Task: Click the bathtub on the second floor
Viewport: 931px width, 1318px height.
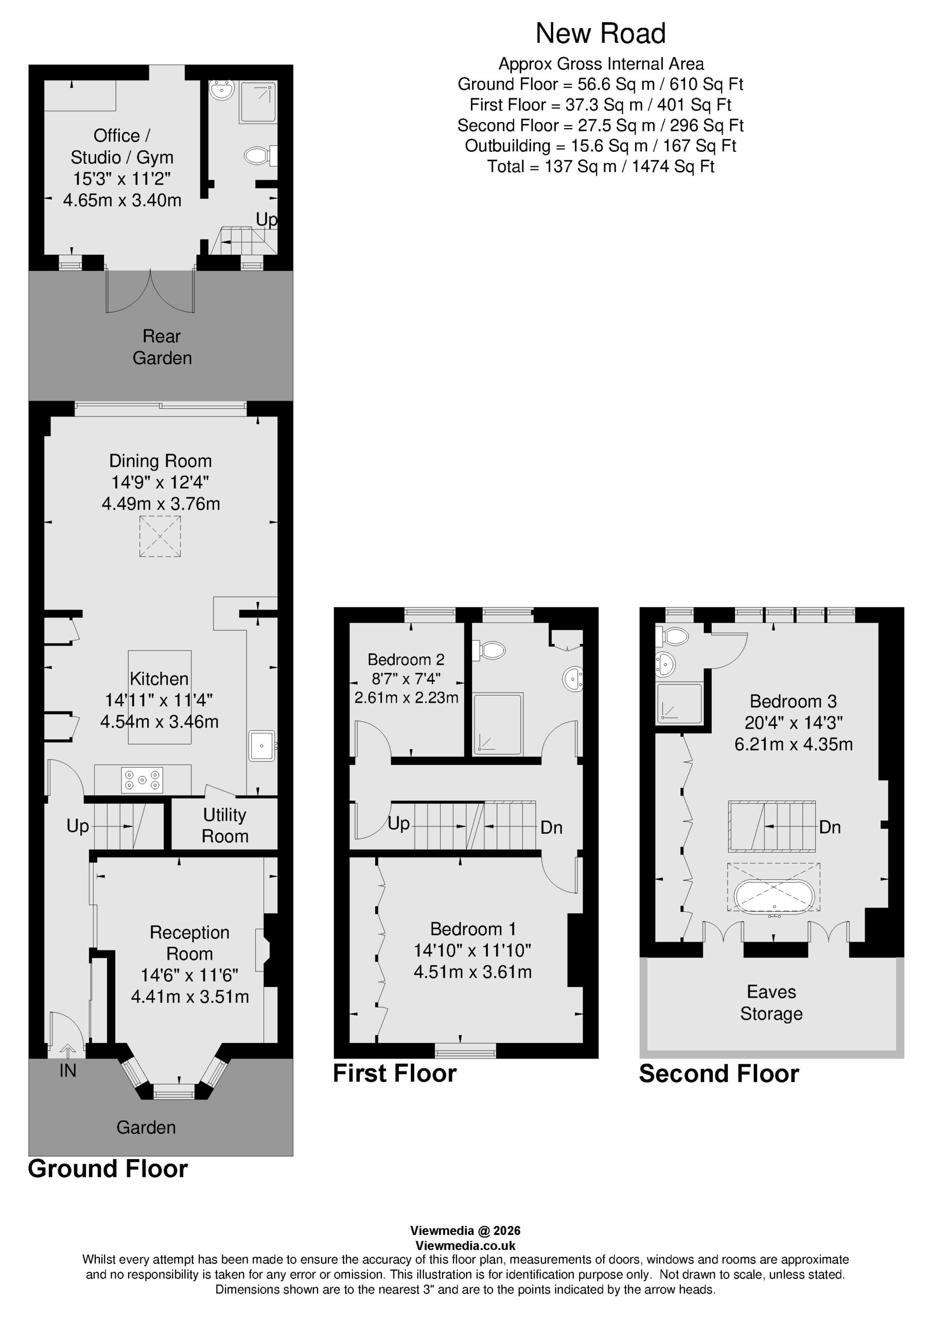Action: click(774, 895)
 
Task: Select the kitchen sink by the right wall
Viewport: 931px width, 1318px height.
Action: click(262, 745)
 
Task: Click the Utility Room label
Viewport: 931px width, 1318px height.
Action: click(225, 825)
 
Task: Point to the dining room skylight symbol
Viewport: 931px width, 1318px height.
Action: click(160, 536)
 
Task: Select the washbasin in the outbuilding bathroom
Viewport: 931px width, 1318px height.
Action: click(222, 90)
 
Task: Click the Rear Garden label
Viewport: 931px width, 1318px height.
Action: click(162, 346)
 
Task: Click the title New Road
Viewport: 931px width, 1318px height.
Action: click(601, 33)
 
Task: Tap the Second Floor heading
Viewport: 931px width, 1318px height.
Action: click(718, 1073)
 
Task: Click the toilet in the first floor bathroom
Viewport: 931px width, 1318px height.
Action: click(488, 650)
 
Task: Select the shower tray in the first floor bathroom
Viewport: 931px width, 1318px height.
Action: click(498, 724)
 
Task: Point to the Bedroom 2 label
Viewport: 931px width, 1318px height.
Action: click(406, 660)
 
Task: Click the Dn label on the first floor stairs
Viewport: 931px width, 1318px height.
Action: click(552, 827)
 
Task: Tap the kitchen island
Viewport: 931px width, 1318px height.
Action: click(160, 697)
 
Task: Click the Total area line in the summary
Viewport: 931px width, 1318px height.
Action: click(601, 166)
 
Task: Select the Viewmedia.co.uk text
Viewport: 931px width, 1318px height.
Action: click(465, 1246)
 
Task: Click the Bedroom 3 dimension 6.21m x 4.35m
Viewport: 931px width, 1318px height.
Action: click(793, 744)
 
